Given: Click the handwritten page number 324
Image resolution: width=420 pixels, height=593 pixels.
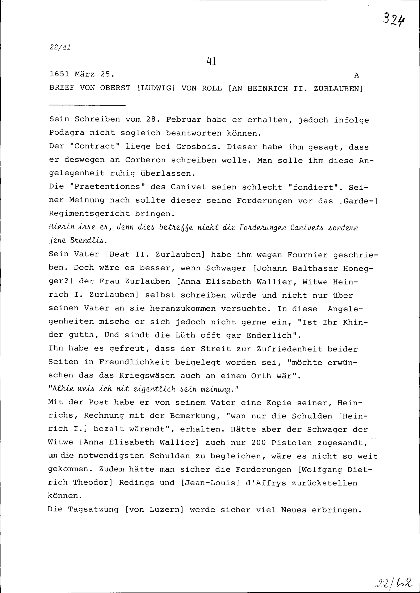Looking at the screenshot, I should coord(394,19).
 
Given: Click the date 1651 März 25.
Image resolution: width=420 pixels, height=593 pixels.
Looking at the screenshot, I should coord(82,74).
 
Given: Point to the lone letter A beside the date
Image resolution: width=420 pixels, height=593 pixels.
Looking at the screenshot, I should coord(356,76).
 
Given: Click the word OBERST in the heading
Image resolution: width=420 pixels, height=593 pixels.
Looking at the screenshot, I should coord(115,88).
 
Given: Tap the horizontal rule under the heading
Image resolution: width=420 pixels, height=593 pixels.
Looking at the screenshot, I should coord(87,105).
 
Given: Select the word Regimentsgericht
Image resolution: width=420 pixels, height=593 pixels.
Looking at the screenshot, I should coord(89,214).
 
